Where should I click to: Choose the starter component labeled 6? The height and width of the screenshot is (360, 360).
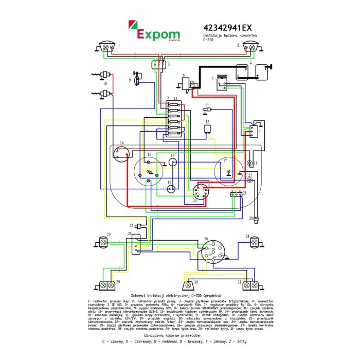click(x=185, y=83)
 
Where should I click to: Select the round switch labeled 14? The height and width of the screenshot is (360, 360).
click(x=121, y=153)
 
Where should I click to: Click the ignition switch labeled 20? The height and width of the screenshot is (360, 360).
click(x=200, y=193)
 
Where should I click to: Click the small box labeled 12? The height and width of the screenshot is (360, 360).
click(x=208, y=128)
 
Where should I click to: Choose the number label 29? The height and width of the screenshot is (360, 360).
click(x=117, y=282)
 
